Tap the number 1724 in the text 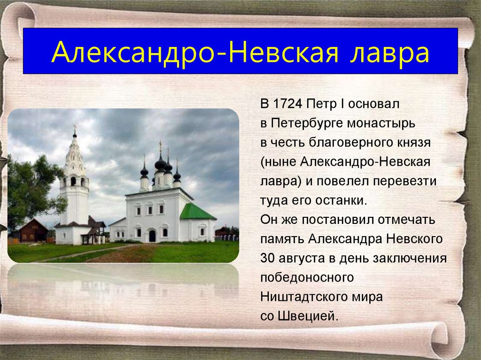pos(287,104)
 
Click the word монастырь pos(381,123)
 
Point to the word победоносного pos(307,277)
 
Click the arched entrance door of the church pos(152,236)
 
